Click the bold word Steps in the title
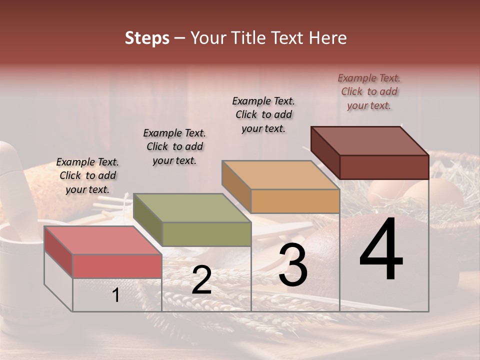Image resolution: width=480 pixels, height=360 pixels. tap(147, 38)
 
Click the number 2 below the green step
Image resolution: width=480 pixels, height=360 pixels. tap(201, 280)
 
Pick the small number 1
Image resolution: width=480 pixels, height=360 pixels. tap(115, 295)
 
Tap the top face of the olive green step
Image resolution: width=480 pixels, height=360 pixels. tap(192, 207)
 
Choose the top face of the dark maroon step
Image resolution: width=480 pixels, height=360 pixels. tap(370, 141)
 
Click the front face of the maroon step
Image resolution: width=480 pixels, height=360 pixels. tap(384, 167)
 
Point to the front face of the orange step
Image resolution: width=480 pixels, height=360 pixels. tap(295, 201)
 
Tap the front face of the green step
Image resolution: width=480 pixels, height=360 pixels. tap(206, 234)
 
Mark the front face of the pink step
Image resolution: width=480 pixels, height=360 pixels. tap(117, 266)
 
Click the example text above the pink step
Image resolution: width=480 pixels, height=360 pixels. tap(87, 175)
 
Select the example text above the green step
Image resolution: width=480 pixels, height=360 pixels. tap(174, 146)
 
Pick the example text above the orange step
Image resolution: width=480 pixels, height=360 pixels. tap(263, 114)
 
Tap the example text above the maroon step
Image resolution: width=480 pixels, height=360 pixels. tap(369, 91)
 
